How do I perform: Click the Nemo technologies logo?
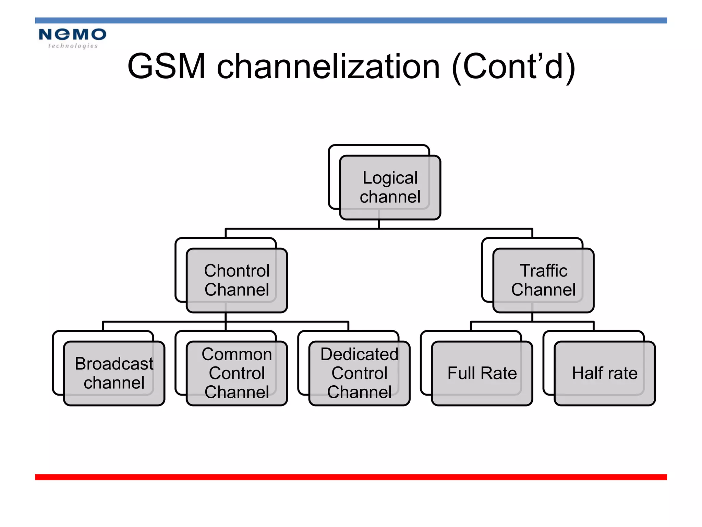(x=72, y=38)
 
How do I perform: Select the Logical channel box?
(x=390, y=187)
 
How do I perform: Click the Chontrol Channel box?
(x=237, y=280)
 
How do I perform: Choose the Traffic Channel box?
(x=543, y=280)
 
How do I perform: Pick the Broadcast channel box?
(x=114, y=373)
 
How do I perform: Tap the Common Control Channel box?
(x=237, y=373)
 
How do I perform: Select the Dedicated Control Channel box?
(x=359, y=373)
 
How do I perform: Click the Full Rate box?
(x=482, y=373)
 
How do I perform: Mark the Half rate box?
(x=605, y=373)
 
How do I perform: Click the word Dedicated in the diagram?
(x=359, y=354)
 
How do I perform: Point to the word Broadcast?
(x=114, y=364)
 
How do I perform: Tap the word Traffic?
(x=543, y=271)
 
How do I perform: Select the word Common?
(x=237, y=354)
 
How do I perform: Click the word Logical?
(x=390, y=178)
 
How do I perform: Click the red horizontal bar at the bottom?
(x=351, y=477)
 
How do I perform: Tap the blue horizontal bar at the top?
(x=351, y=21)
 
